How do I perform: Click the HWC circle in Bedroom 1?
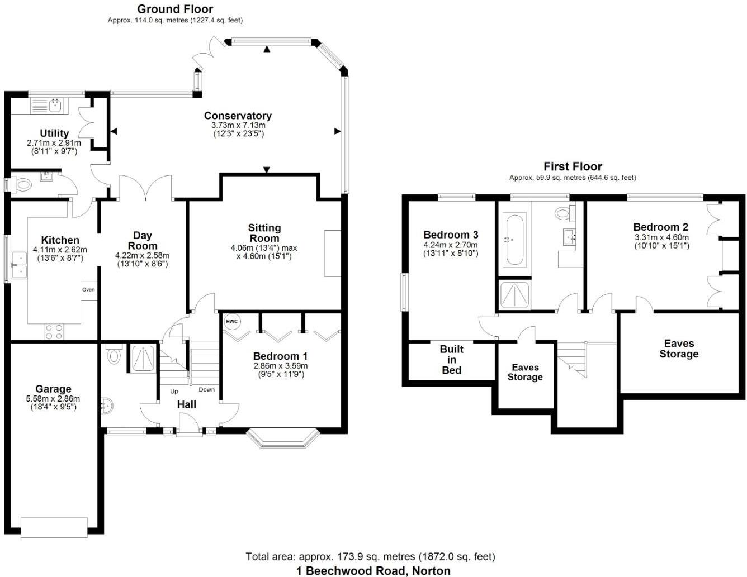[231, 322]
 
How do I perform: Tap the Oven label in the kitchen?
[88, 289]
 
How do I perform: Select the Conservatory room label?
[238, 116]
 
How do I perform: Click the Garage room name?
[53, 389]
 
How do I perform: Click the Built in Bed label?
[451, 359]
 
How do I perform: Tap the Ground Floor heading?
[175, 9]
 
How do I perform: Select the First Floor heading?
[573, 166]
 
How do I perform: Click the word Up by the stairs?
[174, 392]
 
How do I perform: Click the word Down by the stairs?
[206, 390]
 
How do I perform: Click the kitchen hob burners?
[54, 332]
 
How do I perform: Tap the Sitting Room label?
[264, 233]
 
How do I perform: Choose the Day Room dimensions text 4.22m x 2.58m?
[142, 256]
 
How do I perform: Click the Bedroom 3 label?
[451, 235]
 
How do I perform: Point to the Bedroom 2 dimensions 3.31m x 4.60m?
[661, 237]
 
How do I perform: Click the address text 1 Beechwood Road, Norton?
[373, 570]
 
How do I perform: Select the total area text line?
[370, 556]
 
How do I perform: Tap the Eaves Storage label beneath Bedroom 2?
[679, 349]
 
